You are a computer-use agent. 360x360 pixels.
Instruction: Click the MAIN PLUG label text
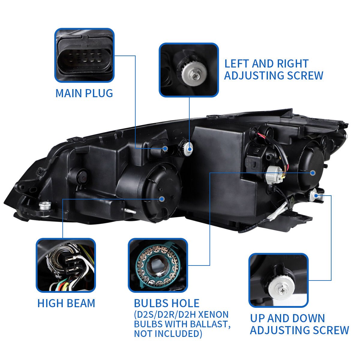tap(84, 93)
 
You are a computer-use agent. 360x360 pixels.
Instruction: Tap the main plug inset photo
tap(84, 55)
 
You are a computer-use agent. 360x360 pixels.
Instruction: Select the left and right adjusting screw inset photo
tap(189, 70)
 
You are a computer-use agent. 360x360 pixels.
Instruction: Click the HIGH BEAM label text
tap(66, 303)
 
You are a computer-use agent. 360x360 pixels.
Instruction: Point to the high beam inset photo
tap(66, 265)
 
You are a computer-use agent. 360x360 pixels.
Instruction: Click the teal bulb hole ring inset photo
tap(158, 265)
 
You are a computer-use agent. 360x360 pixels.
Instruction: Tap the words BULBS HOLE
tap(166, 303)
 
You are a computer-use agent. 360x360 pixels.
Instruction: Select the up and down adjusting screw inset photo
tap(279, 280)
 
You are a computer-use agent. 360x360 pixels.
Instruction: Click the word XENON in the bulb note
tap(213, 315)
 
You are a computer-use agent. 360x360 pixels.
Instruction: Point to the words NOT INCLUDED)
tap(168, 333)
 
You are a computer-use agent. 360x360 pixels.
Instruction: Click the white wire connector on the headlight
tap(274, 175)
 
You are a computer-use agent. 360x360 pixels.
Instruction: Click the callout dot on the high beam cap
tap(162, 199)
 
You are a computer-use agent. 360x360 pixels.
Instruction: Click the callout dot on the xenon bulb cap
tap(313, 173)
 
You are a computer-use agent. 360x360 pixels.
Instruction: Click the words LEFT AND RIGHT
tap(266, 64)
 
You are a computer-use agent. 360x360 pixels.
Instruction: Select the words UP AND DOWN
tap(287, 318)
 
